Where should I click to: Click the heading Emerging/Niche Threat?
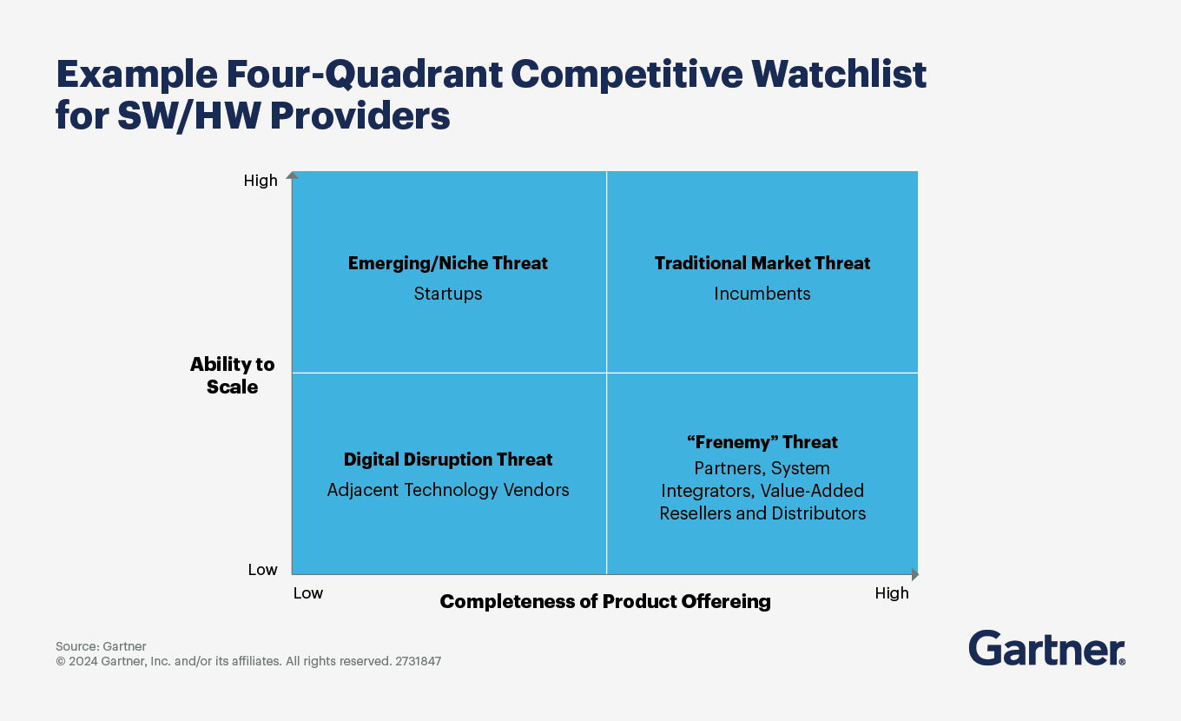coord(447,263)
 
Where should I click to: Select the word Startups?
coord(447,294)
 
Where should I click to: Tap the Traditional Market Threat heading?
coord(762,263)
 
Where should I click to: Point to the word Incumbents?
coord(762,294)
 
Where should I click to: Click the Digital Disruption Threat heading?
coord(447,460)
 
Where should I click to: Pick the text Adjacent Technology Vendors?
coord(447,490)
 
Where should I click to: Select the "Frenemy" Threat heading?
coord(762,442)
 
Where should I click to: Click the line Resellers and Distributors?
coord(762,513)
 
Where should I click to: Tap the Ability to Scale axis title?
coord(232,375)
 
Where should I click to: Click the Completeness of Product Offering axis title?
coord(604,601)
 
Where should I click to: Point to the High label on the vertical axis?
coord(261,181)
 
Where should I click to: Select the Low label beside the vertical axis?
coord(262,570)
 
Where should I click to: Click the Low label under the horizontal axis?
coord(307,593)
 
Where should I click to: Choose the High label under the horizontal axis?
coord(891,593)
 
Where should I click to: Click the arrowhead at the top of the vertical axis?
coord(292,175)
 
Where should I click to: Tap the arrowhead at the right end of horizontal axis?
coord(914,574)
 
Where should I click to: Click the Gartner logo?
coord(1046,648)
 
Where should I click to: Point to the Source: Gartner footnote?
coord(101,646)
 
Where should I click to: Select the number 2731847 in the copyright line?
coord(418,661)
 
